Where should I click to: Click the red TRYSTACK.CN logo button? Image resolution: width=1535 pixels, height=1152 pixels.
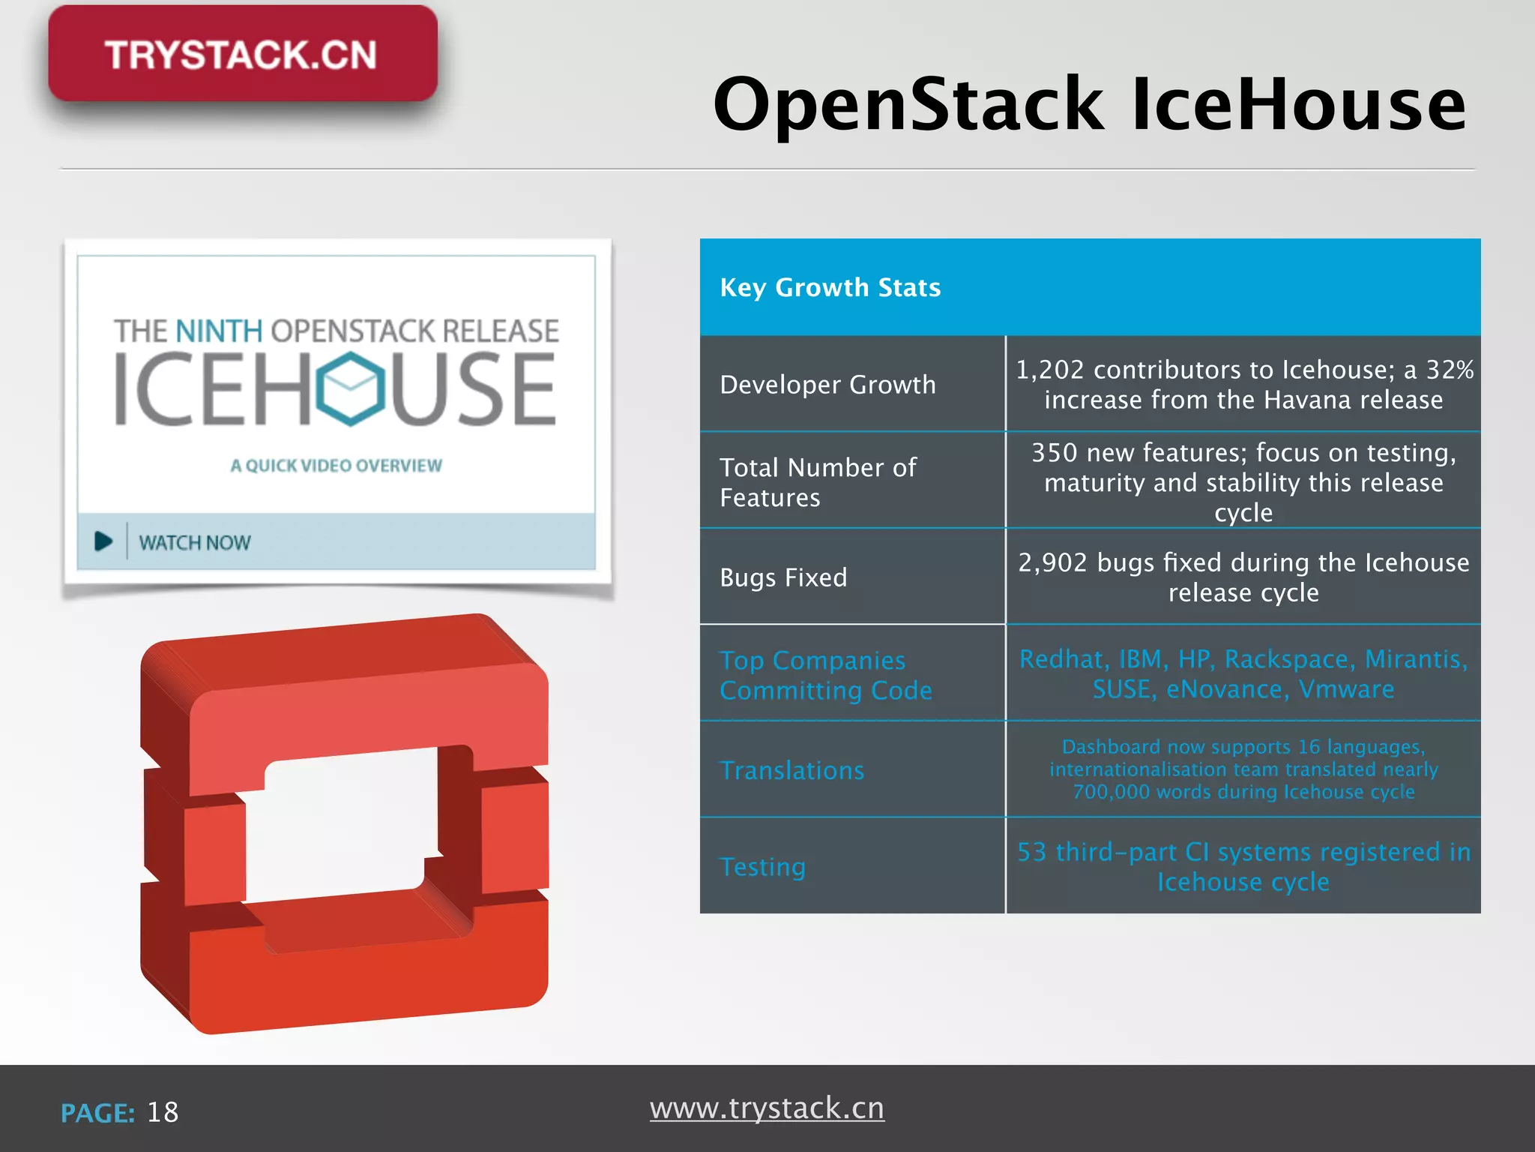click(x=242, y=54)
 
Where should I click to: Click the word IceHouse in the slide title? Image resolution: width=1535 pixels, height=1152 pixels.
click(x=1298, y=104)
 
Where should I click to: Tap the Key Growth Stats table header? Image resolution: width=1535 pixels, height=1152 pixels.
click(x=830, y=287)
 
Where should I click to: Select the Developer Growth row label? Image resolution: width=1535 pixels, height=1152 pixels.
click(x=827, y=385)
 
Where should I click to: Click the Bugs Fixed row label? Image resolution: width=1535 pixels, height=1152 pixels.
click(x=783, y=577)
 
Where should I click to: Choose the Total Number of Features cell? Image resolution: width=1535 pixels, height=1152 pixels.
click(x=818, y=482)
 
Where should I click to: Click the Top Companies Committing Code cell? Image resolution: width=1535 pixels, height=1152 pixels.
click(x=825, y=675)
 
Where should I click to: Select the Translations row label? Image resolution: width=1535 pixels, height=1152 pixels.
click(x=791, y=770)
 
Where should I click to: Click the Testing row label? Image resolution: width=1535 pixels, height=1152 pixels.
click(x=762, y=867)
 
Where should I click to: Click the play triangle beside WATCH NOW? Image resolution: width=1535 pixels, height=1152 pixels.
click(x=103, y=541)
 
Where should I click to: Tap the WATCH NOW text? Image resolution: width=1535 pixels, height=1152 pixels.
click(x=194, y=542)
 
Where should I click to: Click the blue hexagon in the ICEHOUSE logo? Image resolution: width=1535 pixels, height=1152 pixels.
click(x=350, y=388)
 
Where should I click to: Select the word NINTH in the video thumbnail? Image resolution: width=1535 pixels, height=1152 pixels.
click(x=219, y=331)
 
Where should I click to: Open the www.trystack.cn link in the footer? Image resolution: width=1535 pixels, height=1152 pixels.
click(x=767, y=1108)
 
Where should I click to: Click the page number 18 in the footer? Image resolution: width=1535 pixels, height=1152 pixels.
click(x=163, y=1112)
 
